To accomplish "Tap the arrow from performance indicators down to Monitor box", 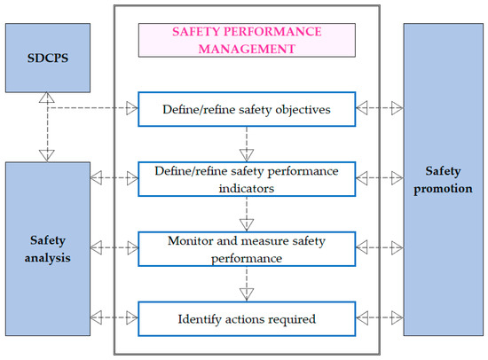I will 246,211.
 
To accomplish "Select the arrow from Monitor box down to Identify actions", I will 246,281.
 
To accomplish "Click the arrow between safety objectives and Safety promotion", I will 379,108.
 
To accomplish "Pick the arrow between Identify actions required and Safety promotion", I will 379,315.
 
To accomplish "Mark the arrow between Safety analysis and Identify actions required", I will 114,315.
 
